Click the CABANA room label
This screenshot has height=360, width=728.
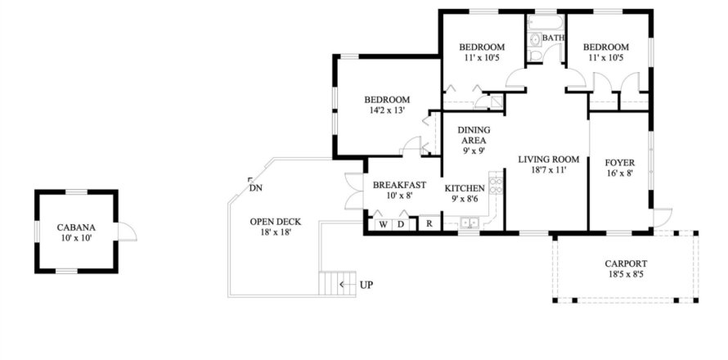(x=76, y=227)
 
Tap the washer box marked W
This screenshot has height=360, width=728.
(x=384, y=224)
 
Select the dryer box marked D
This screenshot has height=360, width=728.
(x=401, y=224)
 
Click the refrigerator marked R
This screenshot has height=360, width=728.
(x=430, y=224)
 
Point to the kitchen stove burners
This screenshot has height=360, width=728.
(x=496, y=183)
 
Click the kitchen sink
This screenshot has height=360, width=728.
(x=470, y=223)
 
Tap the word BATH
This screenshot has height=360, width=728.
(x=554, y=38)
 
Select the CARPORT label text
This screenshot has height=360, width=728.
(x=626, y=263)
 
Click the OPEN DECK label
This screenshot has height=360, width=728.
(x=276, y=222)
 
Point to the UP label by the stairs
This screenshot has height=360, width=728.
(x=366, y=285)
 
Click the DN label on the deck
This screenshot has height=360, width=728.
(x=254, y=188)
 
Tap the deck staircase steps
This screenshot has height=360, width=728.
(x=337, y=283)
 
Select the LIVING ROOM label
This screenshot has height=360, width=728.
(x=549, y=160)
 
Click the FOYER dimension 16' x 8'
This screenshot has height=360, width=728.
(x=620, y=173)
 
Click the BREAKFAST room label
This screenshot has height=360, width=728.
(x=399, y=185)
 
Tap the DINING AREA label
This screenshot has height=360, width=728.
(x=474, y=135)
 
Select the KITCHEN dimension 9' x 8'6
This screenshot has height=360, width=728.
(x=465, y=199)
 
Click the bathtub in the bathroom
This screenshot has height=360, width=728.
(x=546, y=23)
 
